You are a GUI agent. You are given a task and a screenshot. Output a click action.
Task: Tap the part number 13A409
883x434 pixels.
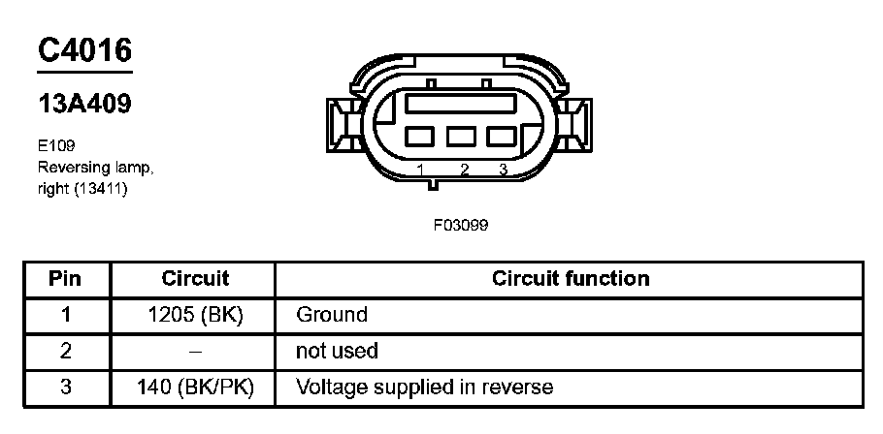[x=84, y=104]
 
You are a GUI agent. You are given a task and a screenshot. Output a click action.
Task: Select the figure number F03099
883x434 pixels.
[x=460, y=225]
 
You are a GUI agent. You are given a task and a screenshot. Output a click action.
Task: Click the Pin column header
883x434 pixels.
[x=66, y=279]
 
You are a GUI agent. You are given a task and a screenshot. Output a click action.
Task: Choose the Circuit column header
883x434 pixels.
[x=194, y=279]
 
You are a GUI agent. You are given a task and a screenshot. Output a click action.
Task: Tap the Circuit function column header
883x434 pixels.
[x=571, y=279]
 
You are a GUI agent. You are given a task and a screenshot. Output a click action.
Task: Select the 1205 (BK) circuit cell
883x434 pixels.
[x=194, y=315]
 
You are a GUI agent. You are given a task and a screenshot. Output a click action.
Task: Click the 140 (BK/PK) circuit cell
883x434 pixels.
[x=194, y=387]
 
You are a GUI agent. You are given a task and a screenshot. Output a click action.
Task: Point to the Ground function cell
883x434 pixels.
[x=332, y=315]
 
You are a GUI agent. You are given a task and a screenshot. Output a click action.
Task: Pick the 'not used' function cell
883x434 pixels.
[x=336, y=351]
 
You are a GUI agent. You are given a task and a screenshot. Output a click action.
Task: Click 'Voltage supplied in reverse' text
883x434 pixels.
[x=424, y=387]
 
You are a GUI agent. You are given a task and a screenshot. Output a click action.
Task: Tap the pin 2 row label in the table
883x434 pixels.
[x=66, y=351]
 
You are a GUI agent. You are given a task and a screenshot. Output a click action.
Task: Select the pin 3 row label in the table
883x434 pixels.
[x=66, y=387]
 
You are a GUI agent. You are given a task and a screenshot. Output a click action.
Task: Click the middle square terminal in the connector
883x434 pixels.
[x=461, y=137]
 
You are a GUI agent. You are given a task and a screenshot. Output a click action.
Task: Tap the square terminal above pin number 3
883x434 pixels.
[x=502, y=137]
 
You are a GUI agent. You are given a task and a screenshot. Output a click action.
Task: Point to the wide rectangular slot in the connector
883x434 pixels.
[x=461, y=104]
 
